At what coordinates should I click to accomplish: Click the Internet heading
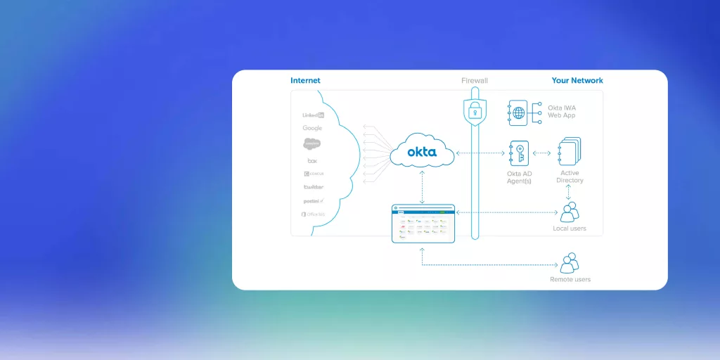pos(305,81)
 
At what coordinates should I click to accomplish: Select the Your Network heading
pos(577,81)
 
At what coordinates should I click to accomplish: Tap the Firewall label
pos(475,81)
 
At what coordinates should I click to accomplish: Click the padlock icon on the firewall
pos(475,110)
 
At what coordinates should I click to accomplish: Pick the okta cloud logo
pos(422,151)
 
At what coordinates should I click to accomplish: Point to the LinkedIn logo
pos(313,115)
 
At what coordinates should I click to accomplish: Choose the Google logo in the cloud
pos(312,129)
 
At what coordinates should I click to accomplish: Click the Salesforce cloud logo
pos(312,144)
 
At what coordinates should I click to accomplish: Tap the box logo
pos(312,161)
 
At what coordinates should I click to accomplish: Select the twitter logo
pos(313,187)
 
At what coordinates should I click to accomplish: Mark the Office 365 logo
pos(313,214)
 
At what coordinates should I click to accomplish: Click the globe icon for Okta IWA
pos(518,113)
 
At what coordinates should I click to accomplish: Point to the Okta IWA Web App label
pos(562,111)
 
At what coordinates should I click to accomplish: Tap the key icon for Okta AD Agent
pos(518,153)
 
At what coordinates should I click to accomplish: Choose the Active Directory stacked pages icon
pos(569,152)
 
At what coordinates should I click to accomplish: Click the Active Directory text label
pos(570,176)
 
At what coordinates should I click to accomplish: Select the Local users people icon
pos(569,212)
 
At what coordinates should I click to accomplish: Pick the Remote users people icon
pos(569,263)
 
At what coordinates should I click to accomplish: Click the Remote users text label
pos(570,280)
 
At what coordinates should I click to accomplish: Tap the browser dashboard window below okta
pos(423,224)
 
